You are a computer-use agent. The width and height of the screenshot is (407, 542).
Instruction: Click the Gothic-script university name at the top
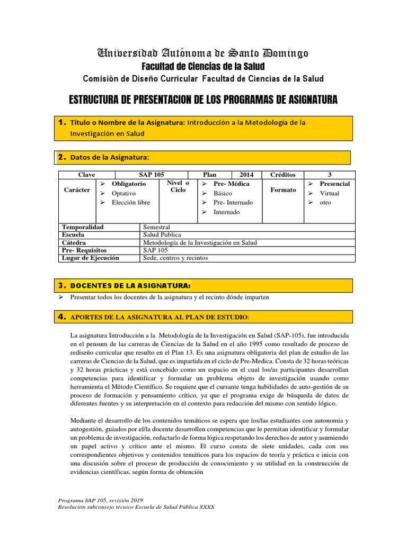(203, 53)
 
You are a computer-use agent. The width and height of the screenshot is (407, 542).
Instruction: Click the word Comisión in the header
(102, 79)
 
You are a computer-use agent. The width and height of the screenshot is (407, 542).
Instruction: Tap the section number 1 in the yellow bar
(61, 123)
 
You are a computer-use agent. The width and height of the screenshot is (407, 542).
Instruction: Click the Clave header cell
(86, 175)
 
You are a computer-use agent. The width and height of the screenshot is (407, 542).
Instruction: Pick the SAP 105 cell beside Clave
(151, 175)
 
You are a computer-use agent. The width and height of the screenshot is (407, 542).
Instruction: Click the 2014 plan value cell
(246, 175)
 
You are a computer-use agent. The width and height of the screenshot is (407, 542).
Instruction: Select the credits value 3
(330, 175)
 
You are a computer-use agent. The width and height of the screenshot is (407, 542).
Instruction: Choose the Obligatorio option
(129, 184)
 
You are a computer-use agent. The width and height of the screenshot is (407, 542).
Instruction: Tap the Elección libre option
(131, 203)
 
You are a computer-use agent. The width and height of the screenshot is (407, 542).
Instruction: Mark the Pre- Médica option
(231, 184)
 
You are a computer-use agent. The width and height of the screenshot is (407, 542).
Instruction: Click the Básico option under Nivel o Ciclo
(223, 193)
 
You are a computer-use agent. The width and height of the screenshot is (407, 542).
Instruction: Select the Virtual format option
(329, 193)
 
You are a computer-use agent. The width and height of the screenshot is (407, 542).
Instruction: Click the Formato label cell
(283, 190)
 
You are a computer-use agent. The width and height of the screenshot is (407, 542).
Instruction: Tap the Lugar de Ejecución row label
(91, 258)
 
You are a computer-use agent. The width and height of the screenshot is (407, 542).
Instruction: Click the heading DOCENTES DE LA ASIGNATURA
(130, 286)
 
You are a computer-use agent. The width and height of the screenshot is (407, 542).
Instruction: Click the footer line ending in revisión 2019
(101, 500)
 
